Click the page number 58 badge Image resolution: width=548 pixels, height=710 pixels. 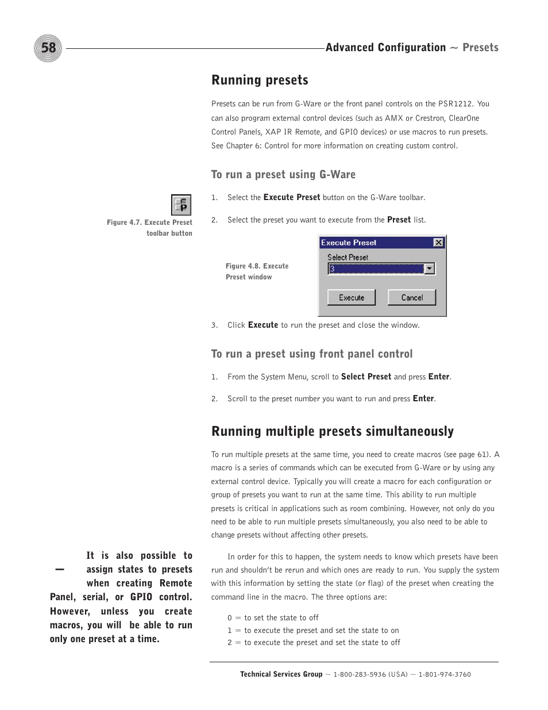pyautogui.click(x=48, y=48)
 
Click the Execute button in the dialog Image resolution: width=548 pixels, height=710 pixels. pyautogui.click(x=351, y=297)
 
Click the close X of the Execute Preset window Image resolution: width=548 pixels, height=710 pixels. pyautogui.click(x=438, y=243)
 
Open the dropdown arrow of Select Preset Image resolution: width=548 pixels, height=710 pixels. pyautogui.click(x=429, y=269)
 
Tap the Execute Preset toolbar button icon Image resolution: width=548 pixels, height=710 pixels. pyautogui.click(x=181, y=205)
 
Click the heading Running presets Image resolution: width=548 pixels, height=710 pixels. pyautogui.click(x=260, y=80)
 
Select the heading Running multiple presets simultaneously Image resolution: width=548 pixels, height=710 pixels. pyautogui.click(x=332, y=431)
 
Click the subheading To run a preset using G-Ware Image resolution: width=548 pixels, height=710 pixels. pyautogui.click(x=283, y=174)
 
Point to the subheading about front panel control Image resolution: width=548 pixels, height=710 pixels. pyautogui.click(x=311, y=354)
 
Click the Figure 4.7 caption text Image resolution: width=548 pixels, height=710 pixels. pyautogui.click(x=149, y=228)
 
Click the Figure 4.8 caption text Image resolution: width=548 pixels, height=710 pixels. pyautogui.click(x=257, y=271)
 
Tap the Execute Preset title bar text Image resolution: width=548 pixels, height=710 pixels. pyautogui.click(x=349, y=243)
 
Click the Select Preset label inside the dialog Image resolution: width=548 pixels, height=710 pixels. pyautogui.click(x=348, y=257)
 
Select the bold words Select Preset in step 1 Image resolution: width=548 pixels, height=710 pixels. pyautogui.click(x=366, y=377)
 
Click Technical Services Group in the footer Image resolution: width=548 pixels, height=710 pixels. pyautogui.click(x=281, y=674)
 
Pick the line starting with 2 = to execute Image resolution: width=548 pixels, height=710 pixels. pyautogui.click(x=314, y=642)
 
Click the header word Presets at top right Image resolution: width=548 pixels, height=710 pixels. pyautogui.click(x=480, y=48)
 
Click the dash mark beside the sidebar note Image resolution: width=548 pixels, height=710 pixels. pyautogui.click(x=59, y=569)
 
